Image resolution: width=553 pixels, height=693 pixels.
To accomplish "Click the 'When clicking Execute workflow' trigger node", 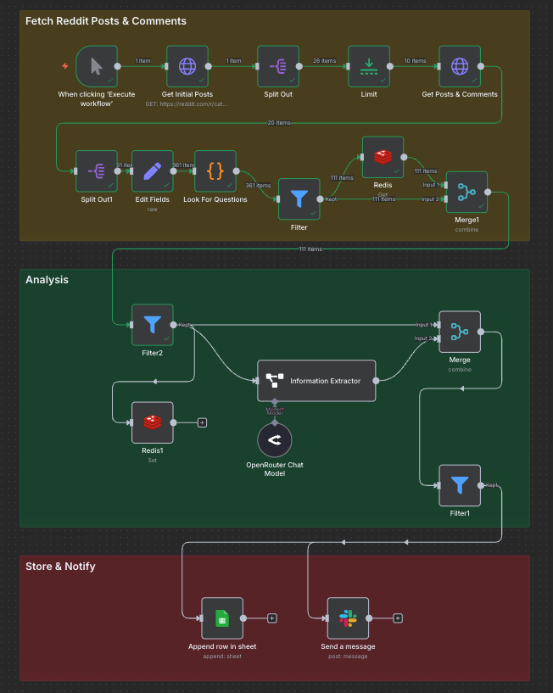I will [x=96, y=66].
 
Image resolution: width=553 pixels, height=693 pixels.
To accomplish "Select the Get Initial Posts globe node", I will [x=187, y=66].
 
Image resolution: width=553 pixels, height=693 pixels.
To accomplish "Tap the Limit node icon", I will [x=369, y=66].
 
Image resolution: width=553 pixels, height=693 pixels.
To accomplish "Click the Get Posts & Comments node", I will [x=459, y=66].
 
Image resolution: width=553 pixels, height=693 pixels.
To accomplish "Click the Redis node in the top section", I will [x=383, y=157].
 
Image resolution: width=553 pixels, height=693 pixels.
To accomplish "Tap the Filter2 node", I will [x=153, y=325].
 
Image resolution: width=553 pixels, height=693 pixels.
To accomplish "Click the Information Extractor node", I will [x=316, y=381].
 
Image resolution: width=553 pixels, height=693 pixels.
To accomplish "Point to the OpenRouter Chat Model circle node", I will [x=275, y=439].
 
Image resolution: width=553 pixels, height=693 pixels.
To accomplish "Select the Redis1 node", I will [x=153, y=422].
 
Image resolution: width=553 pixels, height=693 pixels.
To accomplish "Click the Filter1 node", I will [x=460, y=485].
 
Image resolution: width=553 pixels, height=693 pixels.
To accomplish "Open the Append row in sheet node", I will [x=222, y=618].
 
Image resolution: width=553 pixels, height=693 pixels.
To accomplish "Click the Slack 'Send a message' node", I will [x=349, y=618].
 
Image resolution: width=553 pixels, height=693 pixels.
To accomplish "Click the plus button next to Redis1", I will [x=202, y=422].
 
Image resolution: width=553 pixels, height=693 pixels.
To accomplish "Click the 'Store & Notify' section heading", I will [x=60, y=566].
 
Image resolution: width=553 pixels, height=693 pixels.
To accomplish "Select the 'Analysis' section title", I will [x=47, y=279].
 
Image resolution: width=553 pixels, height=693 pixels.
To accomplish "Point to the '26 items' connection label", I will [x=323, y=60].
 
